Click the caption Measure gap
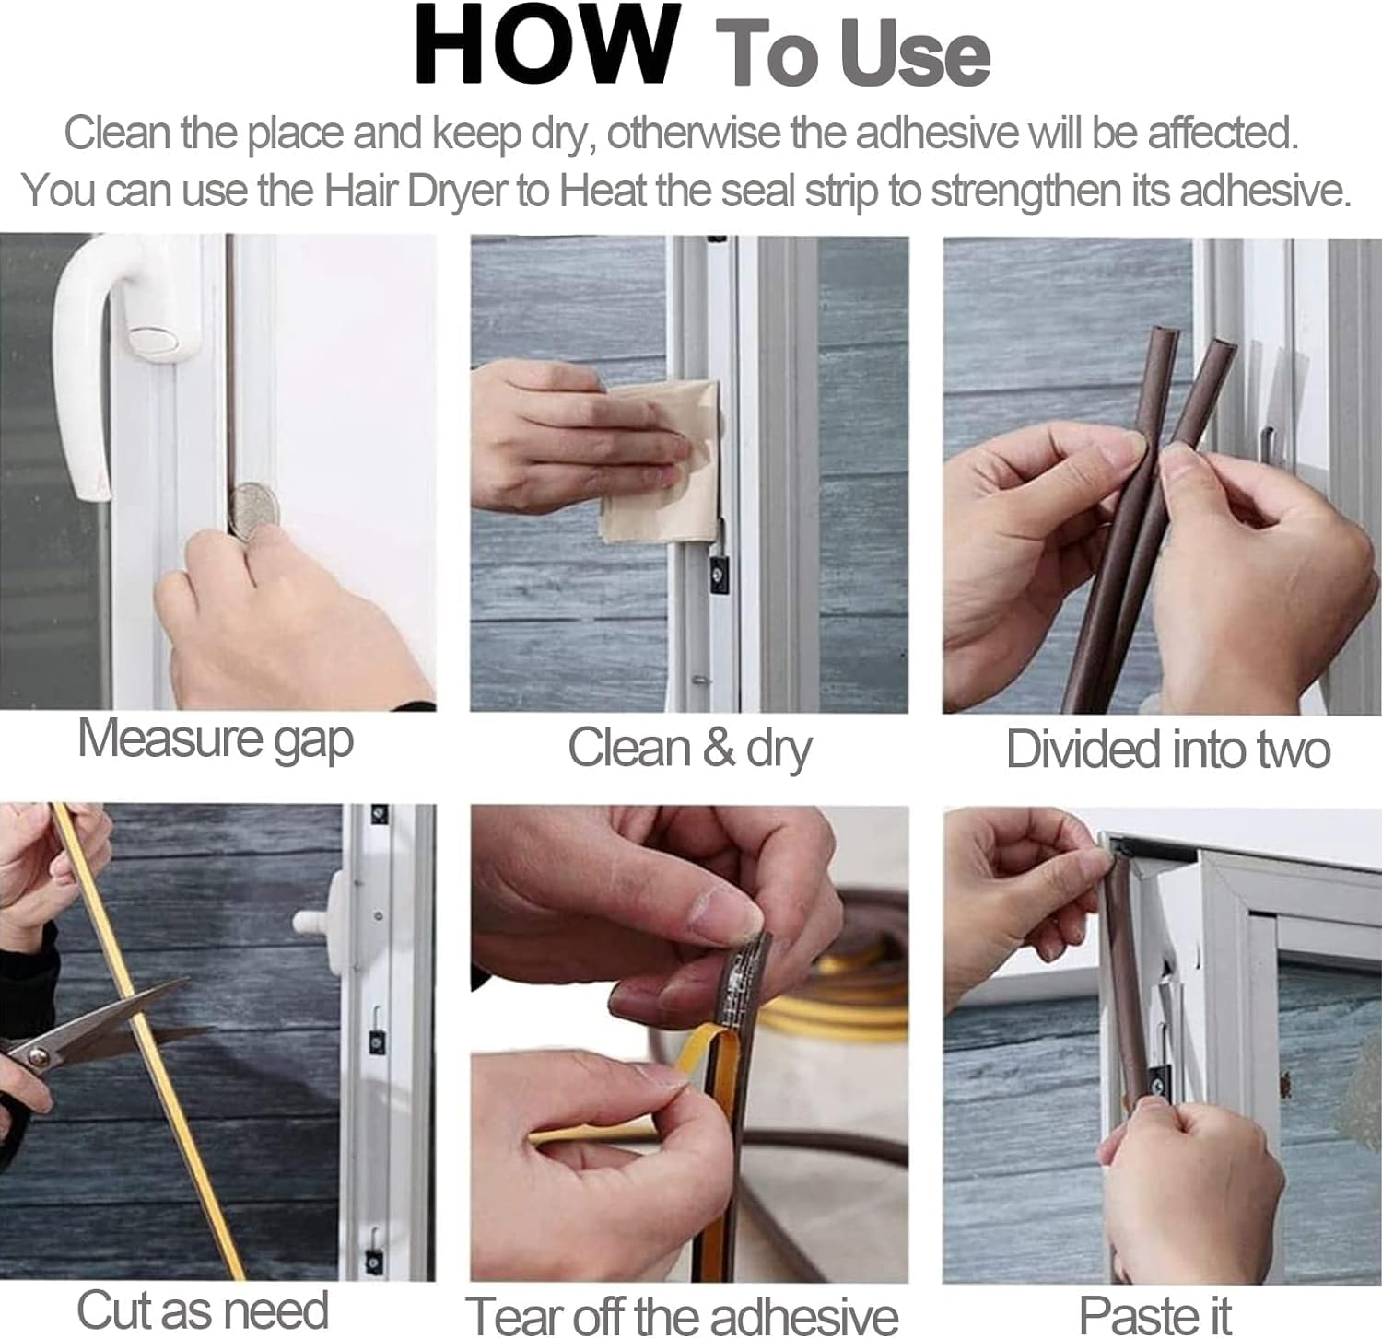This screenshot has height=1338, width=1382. pyautogui.click(x=216, y=740)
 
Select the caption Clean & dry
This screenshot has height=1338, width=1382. pyautogui.click(x=689, y=748)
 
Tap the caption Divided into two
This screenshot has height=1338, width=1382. pyautogui.click(x=1167, y=750)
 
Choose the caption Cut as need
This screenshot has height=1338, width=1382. pyautogui.click(x=203, y=1309)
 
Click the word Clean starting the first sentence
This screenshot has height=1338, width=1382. pyautogui.click(x=118, y=134)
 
